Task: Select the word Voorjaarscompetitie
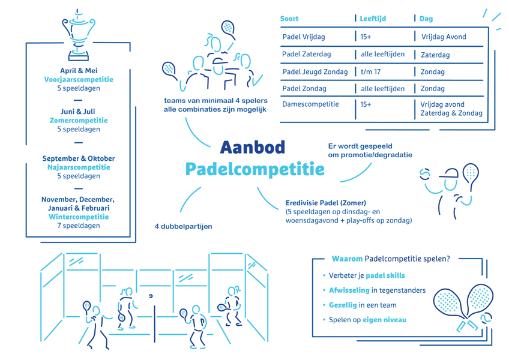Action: (79, 80)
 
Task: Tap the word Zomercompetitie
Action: (79, 121)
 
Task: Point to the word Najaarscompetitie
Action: (79, 167)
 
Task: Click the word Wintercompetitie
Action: (79, 217)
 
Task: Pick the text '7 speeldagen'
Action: (79, 226)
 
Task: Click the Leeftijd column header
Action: (373, 19)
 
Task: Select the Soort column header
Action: (289, 19)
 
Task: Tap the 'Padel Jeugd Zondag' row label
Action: (315, 72)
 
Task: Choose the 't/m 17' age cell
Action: (371, 72)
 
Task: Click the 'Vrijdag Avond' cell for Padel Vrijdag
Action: (444, 37)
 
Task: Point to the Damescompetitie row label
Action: (310, 104)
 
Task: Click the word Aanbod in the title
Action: (253, 148)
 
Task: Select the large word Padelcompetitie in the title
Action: (255, 169)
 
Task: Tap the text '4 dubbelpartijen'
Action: (183, 227)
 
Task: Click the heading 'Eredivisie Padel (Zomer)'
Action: (325, 203)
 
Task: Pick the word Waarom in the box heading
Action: (347, 259)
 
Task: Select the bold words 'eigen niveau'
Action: (384, 320)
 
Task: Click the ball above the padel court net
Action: (151, 296)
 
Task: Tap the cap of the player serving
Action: (449, 173)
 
